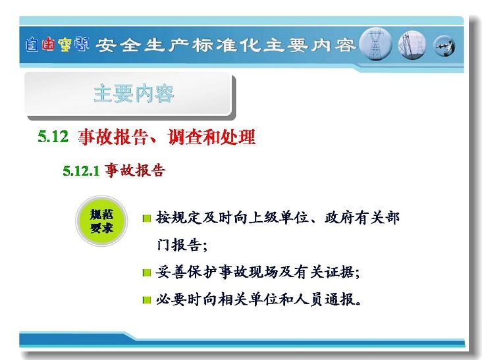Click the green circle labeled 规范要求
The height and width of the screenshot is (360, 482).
pyautogui.click(x=101, y=221)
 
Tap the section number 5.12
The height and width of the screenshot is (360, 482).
pyautogui.click(x=53, y=136)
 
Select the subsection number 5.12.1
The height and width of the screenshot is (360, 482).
pyautogui.click(x=81, y=170)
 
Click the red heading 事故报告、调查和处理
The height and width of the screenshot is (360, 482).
pyautogui.click(x=167, y=137)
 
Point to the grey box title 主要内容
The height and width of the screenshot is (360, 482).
pyautogui.click(x=134, y=93)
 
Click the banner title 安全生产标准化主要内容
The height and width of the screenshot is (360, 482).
pyautogui.click(x=226, y=45)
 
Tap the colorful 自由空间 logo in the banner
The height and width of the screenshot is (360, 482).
pyautogui.click(x=57, y=45)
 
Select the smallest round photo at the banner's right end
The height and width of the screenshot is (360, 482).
pyautogui.click(x=444, y=46)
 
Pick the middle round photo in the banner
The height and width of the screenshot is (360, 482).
pyautogui.click(x=412, y=45)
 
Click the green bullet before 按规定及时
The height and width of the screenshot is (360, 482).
pyautogui.click(x=147, y=219)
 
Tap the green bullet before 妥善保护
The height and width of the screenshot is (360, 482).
pyautogui.click(x=147, y=272)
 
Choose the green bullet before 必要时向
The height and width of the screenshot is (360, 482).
pyautogui.click(x=147, y=300)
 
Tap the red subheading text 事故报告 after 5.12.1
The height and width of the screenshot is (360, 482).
pyautogui.click(x=135, y=170)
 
